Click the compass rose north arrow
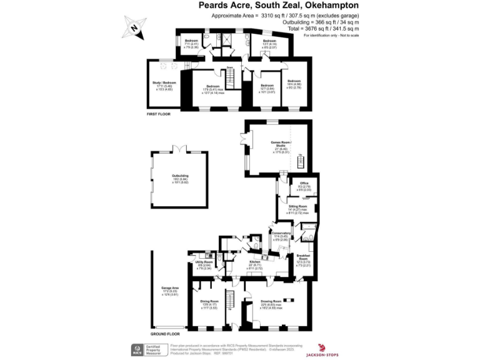pyautogui.click(x=135, y=26)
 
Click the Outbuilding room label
pyautogui.click(x=180, y=176)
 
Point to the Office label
pyautogui.click(x=304, y=183)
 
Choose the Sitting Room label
pyautogui.click(x=297, y=206)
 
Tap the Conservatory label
pyautogui.click(x=281, y=232)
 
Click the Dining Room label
pyautogui.click(x=209, y=301)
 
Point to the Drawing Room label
pyautogui.click(x=272, y=301)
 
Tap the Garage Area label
pyautogui.click(x=170, y=287)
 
